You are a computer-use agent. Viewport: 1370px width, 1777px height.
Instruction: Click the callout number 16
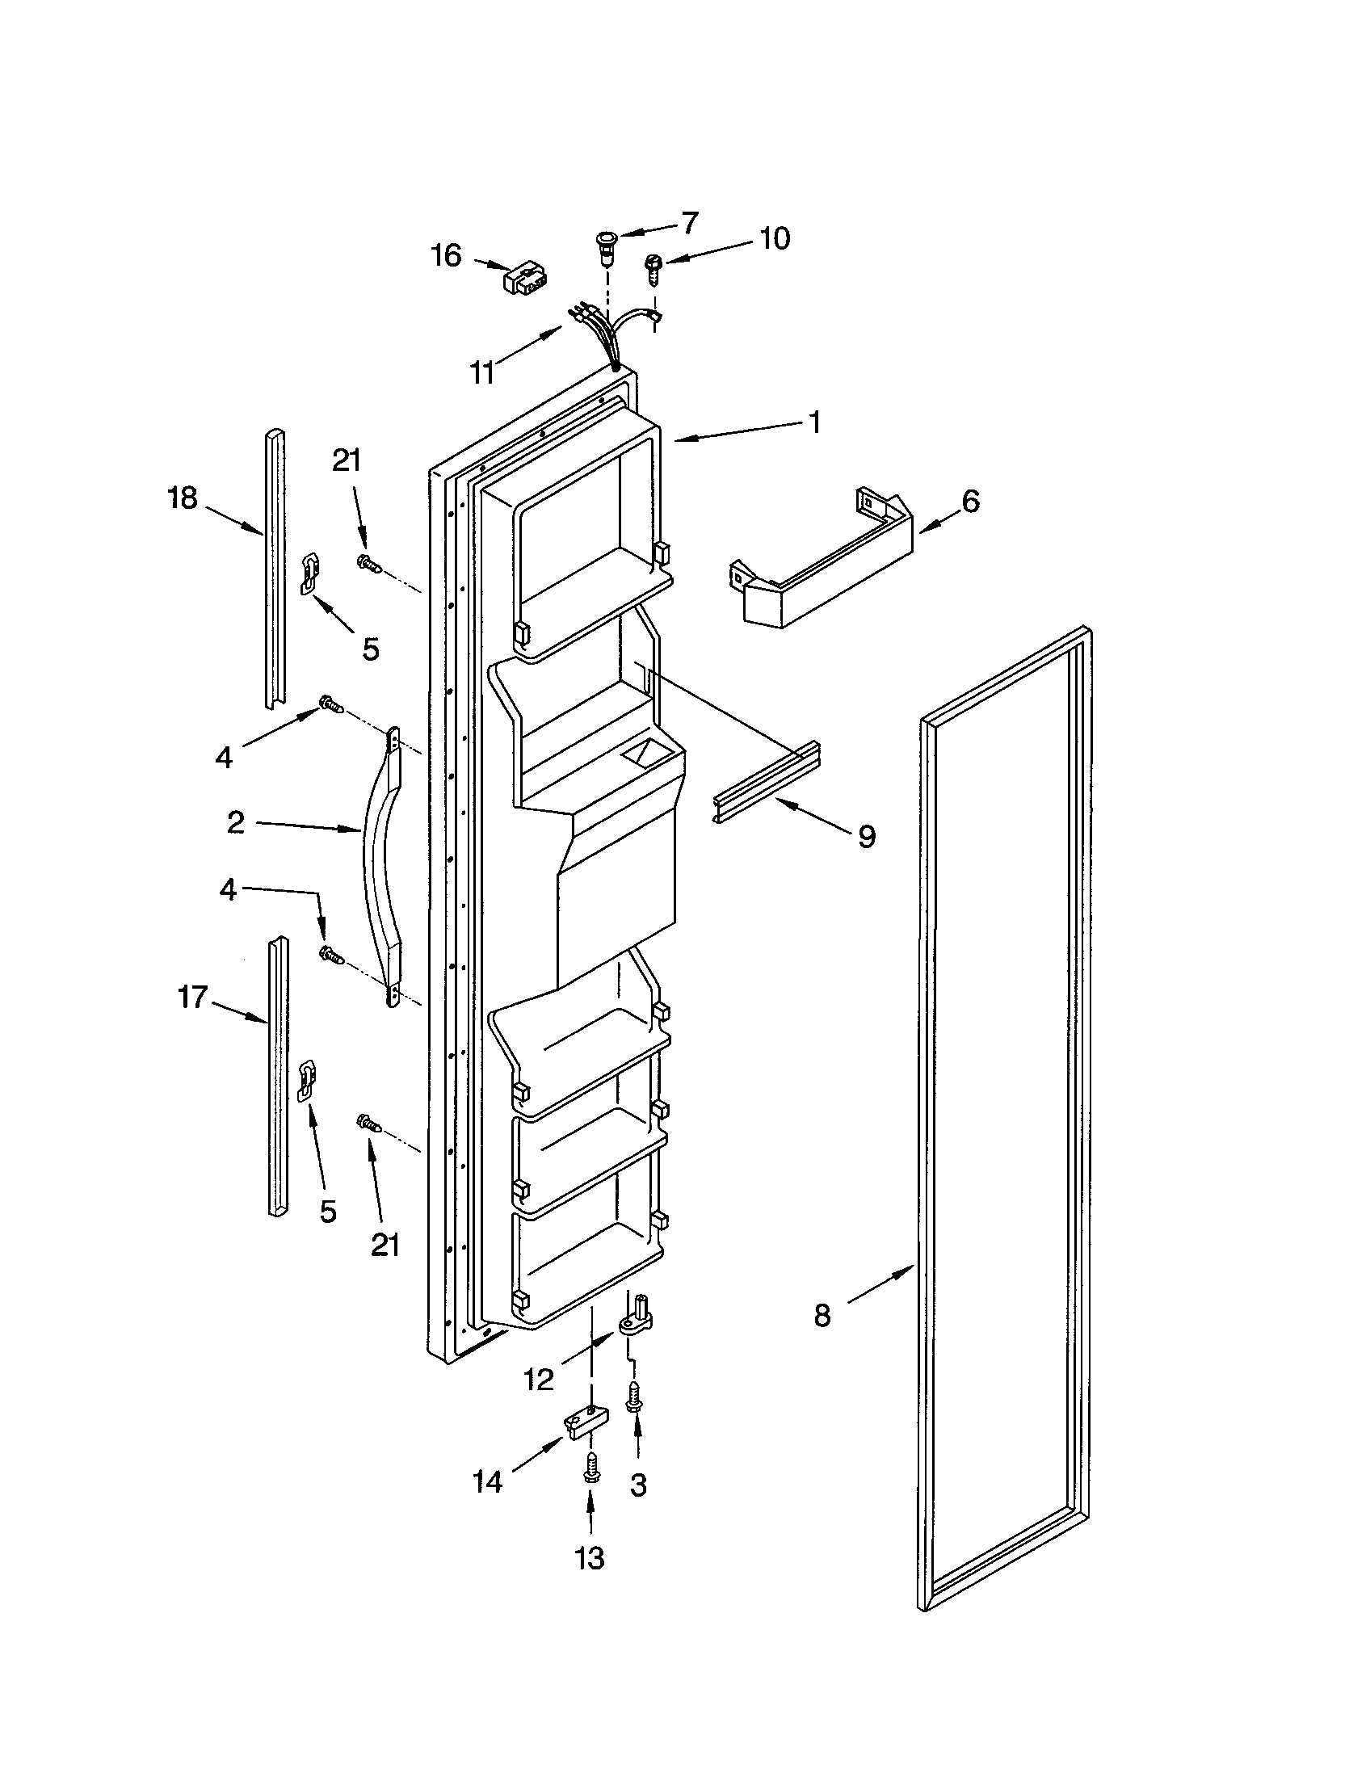[446, 255]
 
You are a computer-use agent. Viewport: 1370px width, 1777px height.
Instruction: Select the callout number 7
[689, 222]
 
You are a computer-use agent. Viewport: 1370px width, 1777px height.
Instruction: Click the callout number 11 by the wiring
[482, 372]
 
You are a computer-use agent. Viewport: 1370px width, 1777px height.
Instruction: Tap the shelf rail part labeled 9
[767, 782]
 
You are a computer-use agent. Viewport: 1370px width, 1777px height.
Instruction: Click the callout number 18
[183, 498]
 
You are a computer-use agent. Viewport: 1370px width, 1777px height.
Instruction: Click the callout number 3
[639, 1485]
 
